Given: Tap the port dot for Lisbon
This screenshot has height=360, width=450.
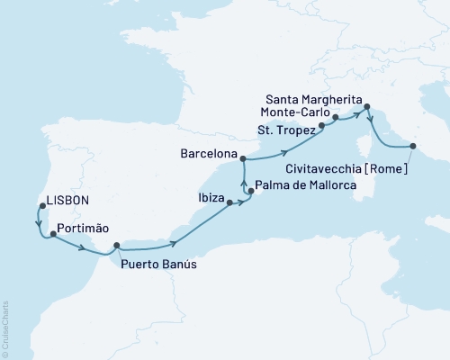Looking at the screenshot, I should [x=41, y=204].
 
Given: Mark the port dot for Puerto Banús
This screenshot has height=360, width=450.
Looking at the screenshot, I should [x=117, y=246].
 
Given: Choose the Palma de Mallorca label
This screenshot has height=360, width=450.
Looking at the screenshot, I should [x=306, y=186].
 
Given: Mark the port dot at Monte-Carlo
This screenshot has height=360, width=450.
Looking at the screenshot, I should [x=335, y=117].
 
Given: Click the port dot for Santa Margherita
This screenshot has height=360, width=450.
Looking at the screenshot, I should [x=366, y=111].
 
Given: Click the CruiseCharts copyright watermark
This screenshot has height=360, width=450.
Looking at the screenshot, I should [x=6, y=324].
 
